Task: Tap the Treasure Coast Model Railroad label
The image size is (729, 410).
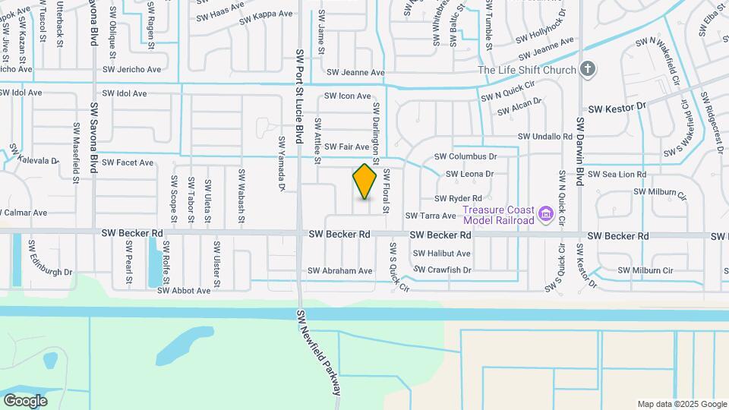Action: pyautogui.click(x=498, y=215)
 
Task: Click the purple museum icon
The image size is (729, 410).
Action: pyautogui.click(x=545, y=215)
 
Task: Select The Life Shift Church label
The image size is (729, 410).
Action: pyautogui.click(x=526, y=71)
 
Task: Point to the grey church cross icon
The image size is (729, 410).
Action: pyautogui.click(x=586, y=70)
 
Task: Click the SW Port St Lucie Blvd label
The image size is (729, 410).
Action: pyautogui.click(x=300, y=99)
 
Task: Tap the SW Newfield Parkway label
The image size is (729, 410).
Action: pyautogui.click(x=317, y=351)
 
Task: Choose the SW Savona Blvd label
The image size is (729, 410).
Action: pyautogui.click(x=95, y=137)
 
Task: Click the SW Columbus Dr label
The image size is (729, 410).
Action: pyautogui.click(x=465, y=156)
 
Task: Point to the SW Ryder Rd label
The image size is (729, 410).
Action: pyautogui.click(x=459, y=199)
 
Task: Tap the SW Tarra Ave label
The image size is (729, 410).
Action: pyautogui.click(x=431, y=216)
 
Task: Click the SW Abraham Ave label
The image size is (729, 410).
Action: pyautogui.click(x=340, y=271)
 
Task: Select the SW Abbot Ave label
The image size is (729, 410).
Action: pyautogui.click(x=183, y=291)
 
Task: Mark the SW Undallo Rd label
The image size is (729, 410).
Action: pyautogui.click(x=544, y=137)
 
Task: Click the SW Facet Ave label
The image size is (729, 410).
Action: pyautogui.click(x=128, y=162)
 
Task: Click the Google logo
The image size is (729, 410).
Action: pyautogui.click(x=26, y=400)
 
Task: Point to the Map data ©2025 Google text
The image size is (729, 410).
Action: pyautogui.click(x=681, y=404)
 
